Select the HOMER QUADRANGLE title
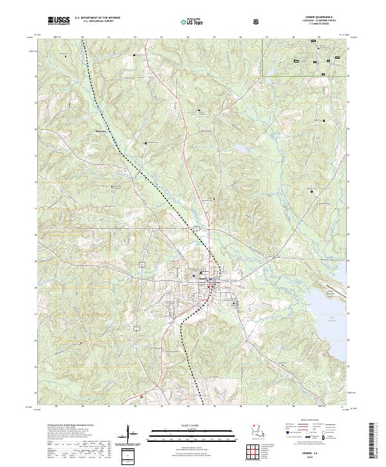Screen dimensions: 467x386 (x=315, y=18)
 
